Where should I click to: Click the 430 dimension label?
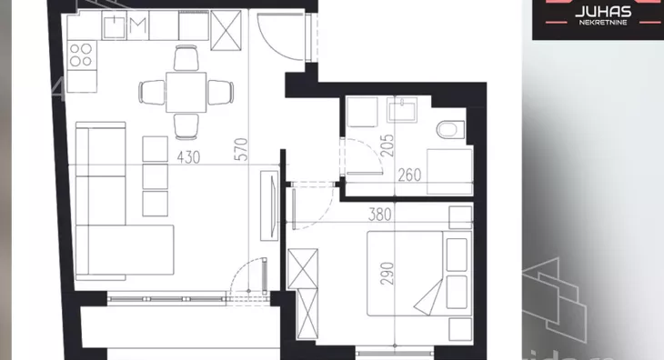(188, 157)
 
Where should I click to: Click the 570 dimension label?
(241, 149)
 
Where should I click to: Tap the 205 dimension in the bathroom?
(387, 145)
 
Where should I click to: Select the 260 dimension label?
(409, 175)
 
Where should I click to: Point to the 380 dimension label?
(380, 215)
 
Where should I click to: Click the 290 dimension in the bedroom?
(387, 274)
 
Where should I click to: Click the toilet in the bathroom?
(450, 129)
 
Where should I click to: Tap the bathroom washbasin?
(403, 110)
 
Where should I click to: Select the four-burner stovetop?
(82, 55)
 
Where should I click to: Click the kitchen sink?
(115, 25)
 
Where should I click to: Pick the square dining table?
(186, 92)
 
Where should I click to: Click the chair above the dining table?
(186, 58)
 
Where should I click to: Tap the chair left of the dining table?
(152, 92)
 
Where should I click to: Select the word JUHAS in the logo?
(603, 12)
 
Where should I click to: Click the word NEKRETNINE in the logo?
(603, 23)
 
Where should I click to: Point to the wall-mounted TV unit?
(269, 205)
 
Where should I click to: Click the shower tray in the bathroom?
(449, 171)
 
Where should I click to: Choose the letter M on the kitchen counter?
(138, 25)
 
